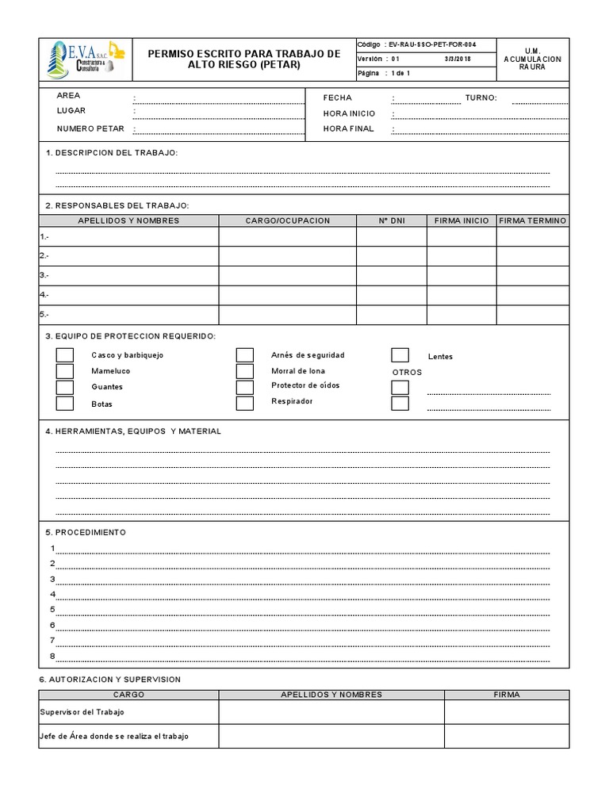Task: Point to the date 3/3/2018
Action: [x=457, y=59]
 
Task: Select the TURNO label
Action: [x=481, y=98]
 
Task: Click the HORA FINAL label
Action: [x=349, y=128]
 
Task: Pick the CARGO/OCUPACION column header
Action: [x=287, y=220]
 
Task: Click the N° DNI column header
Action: [x=391, y=220]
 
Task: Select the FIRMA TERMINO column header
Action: [x=533, y=220]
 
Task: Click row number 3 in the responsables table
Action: [x=44, y=275]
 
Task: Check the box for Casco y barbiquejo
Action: [x=64, y=355]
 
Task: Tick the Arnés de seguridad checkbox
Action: [x=245, y=355]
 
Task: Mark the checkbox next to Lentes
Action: [x=400, y=355]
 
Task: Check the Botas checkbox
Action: [x=64, y=404]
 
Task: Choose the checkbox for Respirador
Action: [x=245, y=402]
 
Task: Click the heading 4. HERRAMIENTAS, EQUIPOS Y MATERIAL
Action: [x=133, y=431]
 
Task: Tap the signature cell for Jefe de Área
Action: [x=506, y=736]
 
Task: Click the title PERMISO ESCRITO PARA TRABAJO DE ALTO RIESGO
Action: [x=244, y=59]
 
